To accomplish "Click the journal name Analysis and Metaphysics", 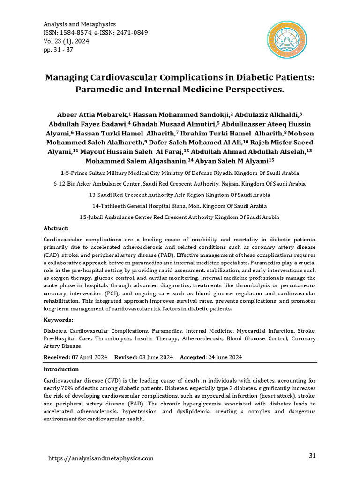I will (x=79, y=24).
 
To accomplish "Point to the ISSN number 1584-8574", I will (x=79, y=32).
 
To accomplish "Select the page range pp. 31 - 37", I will (x=58, y=49).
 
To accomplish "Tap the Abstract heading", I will (x=56, y=228).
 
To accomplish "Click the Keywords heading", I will (x=58, y=319).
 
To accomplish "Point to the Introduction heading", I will (x=61, y=369).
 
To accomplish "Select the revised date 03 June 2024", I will (x=156, y=357).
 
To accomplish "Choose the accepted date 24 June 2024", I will (x=225, y=357).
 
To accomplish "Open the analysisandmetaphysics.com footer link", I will (x=101, y=458).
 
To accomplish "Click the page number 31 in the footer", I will (x=313, y=456).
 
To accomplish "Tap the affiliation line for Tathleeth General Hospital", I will (x=180, y=206).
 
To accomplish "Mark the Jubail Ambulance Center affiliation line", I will (x=180, y=217).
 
